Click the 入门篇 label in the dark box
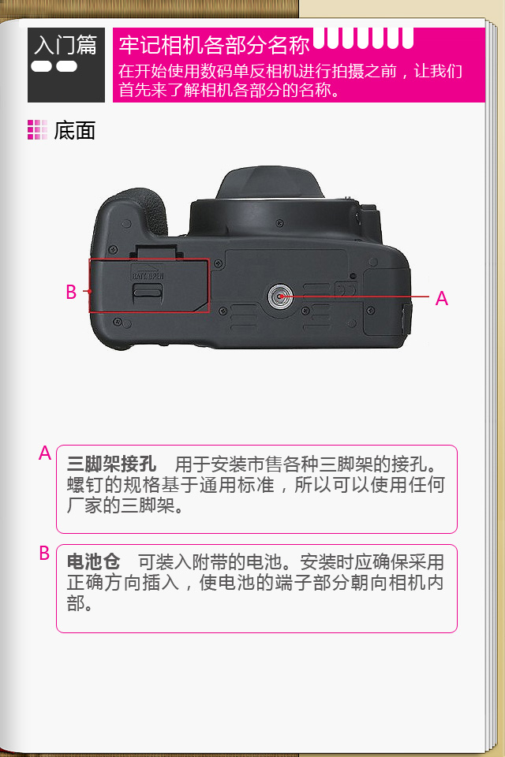click(x=65, y=45)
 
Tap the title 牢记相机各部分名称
click(x=214, y=45)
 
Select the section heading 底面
click(x=74, y=130)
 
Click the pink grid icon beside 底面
click(x=37, y=130)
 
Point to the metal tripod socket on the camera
click(x=280, y=296)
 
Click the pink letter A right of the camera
click(x=441, y=298)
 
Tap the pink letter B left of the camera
click(x=71, y=292)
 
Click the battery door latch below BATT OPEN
click(x=148, y=291)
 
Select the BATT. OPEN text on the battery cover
click(x=148, y=276)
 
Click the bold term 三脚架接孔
click(x=111, y=464)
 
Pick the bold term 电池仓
click(x=93, y=561)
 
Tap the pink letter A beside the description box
click(x=45, y=453)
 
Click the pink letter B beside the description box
click(x=44, y=553)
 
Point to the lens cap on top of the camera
click(x=270, y=183)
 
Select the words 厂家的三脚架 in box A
click(x=120, y=505)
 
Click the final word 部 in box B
click(x=76, y=603)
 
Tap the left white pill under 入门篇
click(x=42, y=66)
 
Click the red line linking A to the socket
click(x=355, y=296)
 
